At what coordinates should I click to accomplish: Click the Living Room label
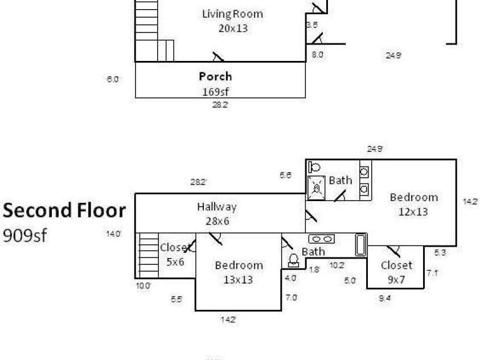point(233,14)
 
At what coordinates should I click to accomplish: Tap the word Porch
point(215,76)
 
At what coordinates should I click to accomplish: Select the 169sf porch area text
point(215,91)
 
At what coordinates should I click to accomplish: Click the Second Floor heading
point(64,210)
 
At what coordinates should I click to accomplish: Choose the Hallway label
point(216,207)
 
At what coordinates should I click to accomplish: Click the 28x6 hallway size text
point(217,220)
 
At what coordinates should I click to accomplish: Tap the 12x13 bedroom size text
point(414,211)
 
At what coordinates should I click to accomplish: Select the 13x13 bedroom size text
point(239,280)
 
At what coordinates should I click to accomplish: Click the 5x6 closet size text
point(175,262)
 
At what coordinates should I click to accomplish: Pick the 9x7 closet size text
point(396,280)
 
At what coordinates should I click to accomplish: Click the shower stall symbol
point(317,186)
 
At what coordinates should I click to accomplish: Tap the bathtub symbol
point(361,245)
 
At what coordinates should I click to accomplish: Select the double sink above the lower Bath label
point(317,240)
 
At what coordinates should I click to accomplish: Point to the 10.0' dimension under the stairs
point(143,286)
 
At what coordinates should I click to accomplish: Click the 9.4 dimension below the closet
point(385,297)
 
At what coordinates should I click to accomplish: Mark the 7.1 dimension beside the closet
point(433,273)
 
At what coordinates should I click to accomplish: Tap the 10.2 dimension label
point(337,265)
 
